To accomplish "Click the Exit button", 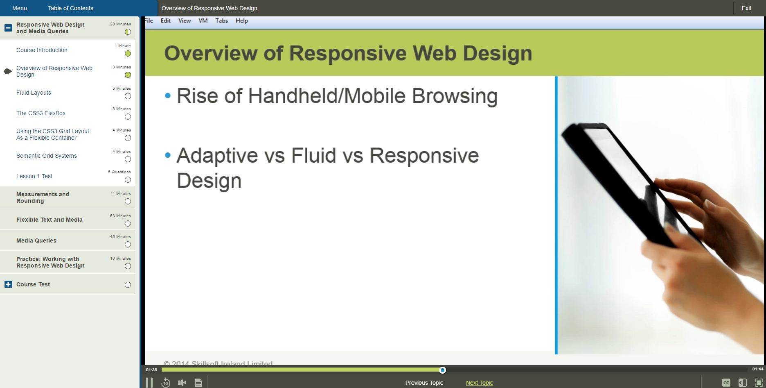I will tap(746, 8).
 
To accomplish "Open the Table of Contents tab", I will tap(70, 8).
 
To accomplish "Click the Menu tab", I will tap(20, 8).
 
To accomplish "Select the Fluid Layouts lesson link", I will tap(34, 93).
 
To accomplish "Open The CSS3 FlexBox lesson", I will tap(41, 113).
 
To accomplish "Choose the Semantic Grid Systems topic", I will tap(47, 156).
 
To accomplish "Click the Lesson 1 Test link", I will tap(34, 176).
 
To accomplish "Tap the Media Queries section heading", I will tap(36, 241).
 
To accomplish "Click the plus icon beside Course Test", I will tap(8, 284).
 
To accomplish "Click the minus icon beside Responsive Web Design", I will tap(8, 28).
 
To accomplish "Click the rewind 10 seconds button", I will tap(166, 383).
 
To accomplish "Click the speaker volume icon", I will tap(182, 383).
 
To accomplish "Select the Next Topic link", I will tap(479, 383).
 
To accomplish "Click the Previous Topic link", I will tap(424, 383).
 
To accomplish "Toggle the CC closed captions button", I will tap(726, 383).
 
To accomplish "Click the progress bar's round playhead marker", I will tap(442, 370).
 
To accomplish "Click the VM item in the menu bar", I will tap(203, 21).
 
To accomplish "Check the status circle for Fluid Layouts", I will tap(128, 96).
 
